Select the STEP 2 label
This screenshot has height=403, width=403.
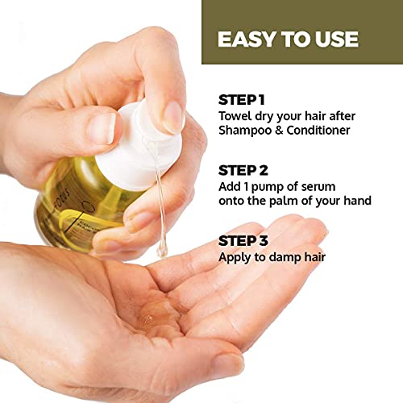(x=244, y=170)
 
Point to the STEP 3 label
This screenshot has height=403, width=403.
(x=244, y=241)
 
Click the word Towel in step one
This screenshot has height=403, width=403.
(x=236, y=117)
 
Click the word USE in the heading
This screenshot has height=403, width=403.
(x=336, y=39)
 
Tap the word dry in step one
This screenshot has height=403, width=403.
(x=269, y=117)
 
